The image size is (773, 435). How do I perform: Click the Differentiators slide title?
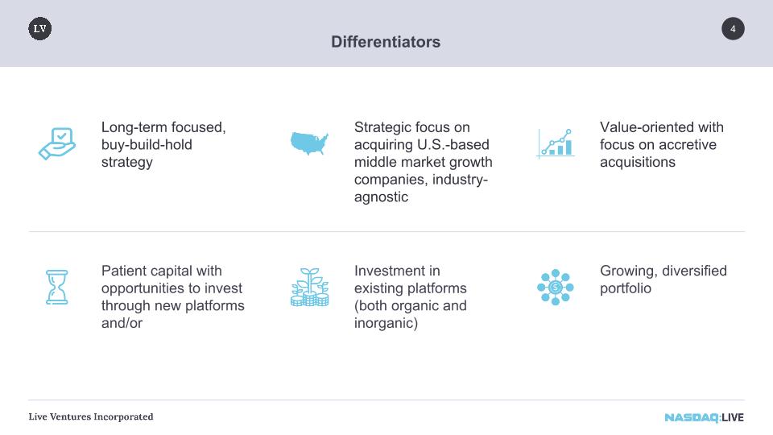(x=386, y=42)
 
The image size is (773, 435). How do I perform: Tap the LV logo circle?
(x=40, y=29)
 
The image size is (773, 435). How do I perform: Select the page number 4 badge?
(x=733, y=29)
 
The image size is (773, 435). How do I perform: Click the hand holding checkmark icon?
(x=57, y=143)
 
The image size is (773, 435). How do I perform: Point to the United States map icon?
(x=309, y=143)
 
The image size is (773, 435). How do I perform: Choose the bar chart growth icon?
(x=556, y=143)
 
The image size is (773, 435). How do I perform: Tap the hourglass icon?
(x=56, y=287)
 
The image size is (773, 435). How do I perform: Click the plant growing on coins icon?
(x=309, y=287)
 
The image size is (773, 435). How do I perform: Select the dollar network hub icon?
(x=556, y=287)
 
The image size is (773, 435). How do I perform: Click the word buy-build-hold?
(x=147, y=144)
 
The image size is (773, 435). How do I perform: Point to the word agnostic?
(x=381, y=197)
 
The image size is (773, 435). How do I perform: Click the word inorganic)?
(x=386, y=323)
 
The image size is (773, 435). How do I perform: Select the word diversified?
(x=695, y=271)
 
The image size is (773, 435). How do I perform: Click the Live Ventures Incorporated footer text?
(x=91, y=416)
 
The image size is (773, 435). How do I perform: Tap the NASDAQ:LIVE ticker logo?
(x=704, y=418)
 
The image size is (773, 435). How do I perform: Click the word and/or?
(x=122, y=323)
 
